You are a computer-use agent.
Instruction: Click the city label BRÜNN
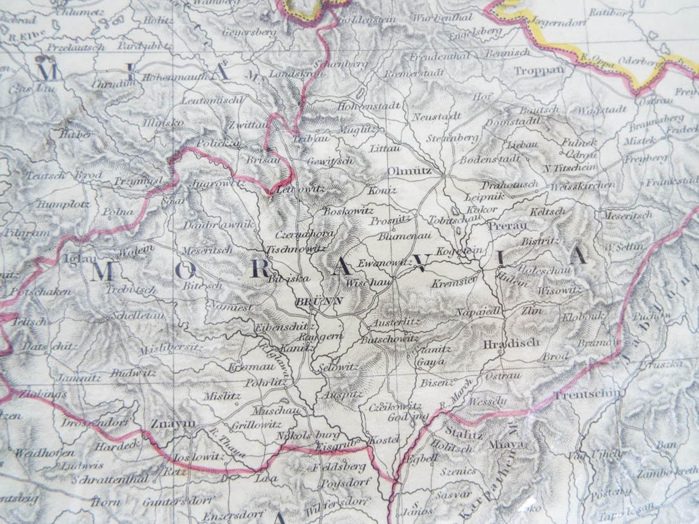coord(319,302)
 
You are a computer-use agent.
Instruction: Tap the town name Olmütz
coord(409,171)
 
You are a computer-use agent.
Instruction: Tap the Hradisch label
coord(502,343)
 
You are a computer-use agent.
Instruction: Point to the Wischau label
coord(369,284)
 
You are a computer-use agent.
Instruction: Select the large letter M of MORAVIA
coord(102,271)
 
